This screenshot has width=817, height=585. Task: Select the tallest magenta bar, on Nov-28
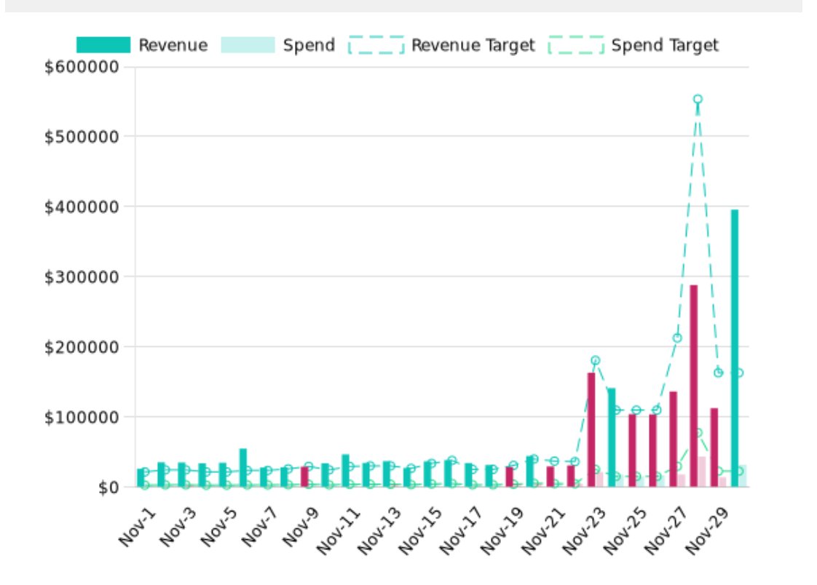tap(694, 386)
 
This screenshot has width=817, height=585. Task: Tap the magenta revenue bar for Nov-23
tap(591, 429)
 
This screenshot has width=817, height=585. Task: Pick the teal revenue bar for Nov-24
tap(612, 437)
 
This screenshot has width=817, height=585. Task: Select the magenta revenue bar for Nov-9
tap(304, 477)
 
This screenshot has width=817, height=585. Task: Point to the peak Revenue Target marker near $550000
tap(698, 99)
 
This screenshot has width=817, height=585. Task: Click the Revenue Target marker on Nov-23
tap(596, 360)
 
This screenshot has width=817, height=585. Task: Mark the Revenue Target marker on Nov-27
tap(677, 338)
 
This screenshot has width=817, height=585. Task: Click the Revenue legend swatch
tap(103, 45)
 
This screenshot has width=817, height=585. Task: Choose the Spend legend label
tap(309, 45)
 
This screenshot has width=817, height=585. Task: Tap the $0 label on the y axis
tap(108, 487)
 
